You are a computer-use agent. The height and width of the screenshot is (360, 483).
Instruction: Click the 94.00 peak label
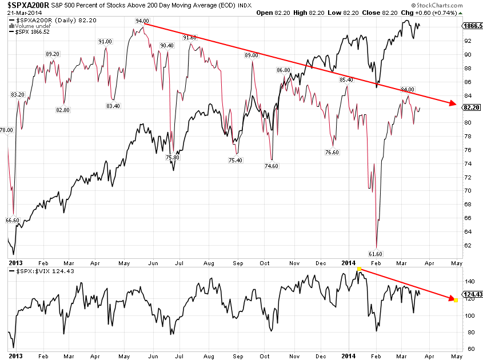[142, 21]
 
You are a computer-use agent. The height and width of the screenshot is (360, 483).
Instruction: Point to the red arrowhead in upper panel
[453, 104]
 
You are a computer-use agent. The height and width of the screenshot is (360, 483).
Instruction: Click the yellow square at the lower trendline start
[358, 269]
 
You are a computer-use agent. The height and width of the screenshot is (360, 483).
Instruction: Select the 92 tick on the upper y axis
[467, 41]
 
